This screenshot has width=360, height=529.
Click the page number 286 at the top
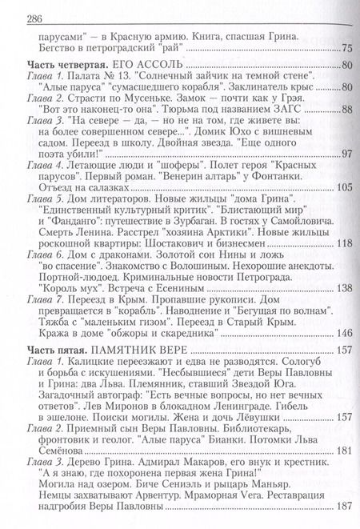tap(28, 14)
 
